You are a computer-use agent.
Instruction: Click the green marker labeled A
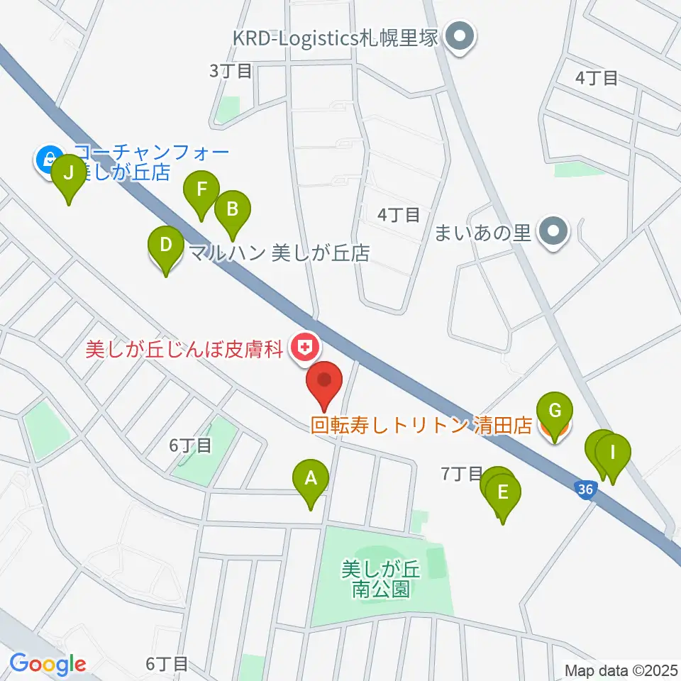point(310,478)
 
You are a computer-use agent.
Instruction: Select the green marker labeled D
point(165,246)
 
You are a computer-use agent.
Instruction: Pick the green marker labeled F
point(201,191)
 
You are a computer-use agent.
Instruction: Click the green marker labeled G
point(555,411)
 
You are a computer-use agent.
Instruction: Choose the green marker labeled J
point(69,173)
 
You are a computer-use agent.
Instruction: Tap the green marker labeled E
point(503,492)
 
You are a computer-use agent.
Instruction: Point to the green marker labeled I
point(613,451)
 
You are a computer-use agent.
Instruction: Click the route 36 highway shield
point(583,489)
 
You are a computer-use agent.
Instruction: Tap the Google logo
point(48,664)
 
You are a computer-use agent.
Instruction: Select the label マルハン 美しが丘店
point(279,253)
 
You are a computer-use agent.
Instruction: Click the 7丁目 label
point(461,474)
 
